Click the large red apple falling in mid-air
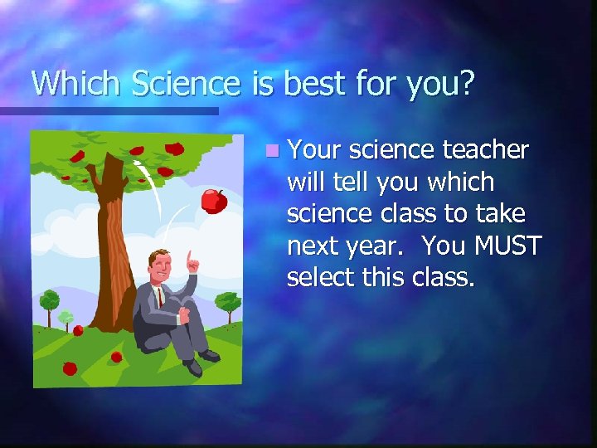tap(214, 200)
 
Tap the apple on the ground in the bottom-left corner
tap(70, 368)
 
